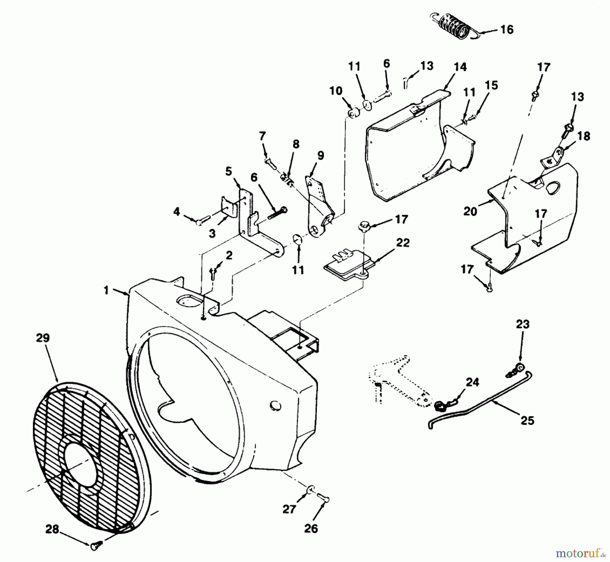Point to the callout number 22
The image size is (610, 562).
(x=403, y=243)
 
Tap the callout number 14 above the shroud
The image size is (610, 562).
(x=460, y=67)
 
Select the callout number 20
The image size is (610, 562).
(x=470, y=212)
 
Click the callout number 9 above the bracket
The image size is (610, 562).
(x=320, y=156)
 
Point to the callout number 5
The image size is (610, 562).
(x=229, y=172)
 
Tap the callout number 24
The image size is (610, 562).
(x=472, y=382)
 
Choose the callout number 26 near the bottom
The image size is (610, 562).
(x=311, y=528)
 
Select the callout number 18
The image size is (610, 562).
(x=583, y=136)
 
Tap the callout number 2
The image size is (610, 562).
(x=229, y=256)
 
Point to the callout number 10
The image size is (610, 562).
(x=336, y=91)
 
